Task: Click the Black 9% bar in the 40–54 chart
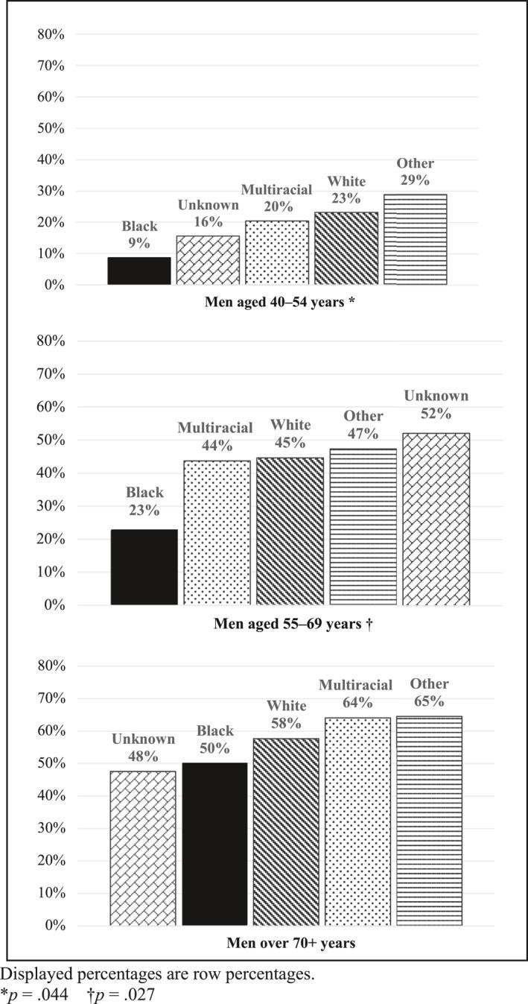coord(139,271)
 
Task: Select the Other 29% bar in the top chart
coord(416,239)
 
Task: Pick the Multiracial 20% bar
coord(277,253)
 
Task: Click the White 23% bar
coord(346,248)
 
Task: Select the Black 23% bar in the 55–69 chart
coord(144,567)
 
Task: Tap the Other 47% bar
coord(363,527)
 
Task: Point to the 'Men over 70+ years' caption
coord(290,943)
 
